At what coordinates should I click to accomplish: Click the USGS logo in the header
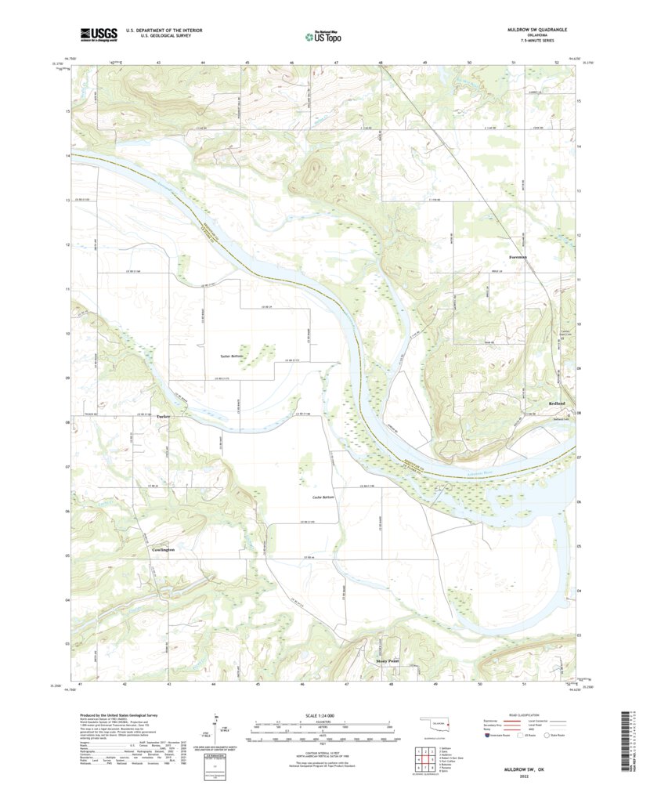tap(98, 34)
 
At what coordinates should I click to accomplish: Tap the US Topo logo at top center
tap(322, 35)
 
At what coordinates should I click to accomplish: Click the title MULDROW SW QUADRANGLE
tap(536, 29)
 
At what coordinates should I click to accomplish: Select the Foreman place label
tap(518, 257)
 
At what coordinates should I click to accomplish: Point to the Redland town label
tap(535, 403)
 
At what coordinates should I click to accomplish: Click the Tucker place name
tap(164, 416)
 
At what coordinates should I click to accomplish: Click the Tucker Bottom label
tap(232, 356)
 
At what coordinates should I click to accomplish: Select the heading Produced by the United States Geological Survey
tap(120, 715)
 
